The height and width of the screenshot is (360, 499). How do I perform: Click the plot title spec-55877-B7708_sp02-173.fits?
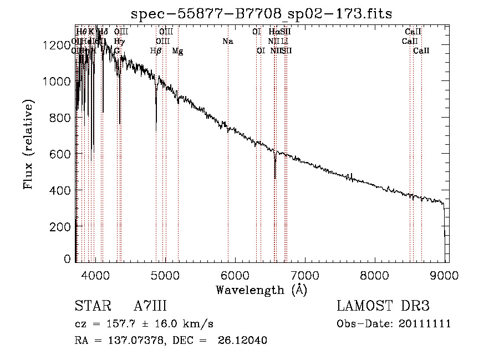pyautogui.click(x=261, y=13)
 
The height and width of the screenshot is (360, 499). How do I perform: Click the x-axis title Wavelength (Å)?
pyautogui.click(x=261, y=290)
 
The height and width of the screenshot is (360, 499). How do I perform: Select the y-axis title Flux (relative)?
pyautogui.click(x=29, y=144)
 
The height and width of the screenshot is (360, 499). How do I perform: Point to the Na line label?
pyautogui.click(x=227, y=42)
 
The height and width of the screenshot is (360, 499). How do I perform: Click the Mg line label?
pyautogui.click(x=177, y=51)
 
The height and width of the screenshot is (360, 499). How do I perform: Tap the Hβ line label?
pyautogui.click(x=156, y=51)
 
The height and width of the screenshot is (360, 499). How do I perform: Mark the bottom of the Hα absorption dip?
pyautogui.click(x=275, y=178)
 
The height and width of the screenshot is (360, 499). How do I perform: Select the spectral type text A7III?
pyautogui.click(x=150, y=306)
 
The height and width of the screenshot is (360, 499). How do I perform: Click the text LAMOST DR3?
pyautogui.click(x=383, y=306)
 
